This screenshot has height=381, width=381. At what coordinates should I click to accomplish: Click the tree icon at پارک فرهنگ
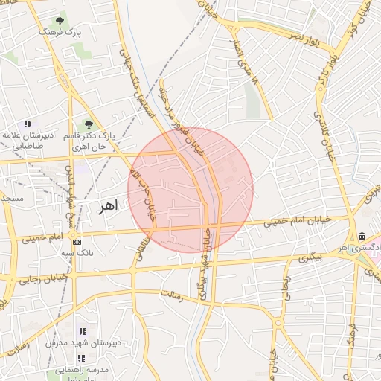pyautogui.click(x=60, y=20)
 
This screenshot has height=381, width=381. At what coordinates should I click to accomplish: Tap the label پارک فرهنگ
pyautogui.click(x=60, y=33)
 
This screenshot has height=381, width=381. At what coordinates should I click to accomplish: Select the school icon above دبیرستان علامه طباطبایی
pyautogui.click(x=28, y=124)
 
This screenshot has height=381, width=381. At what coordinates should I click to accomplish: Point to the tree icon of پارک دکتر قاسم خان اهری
pyautogui.click(x=89, y=124)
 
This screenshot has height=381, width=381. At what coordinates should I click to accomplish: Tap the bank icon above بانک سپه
pyautogui.click(x=77, y=242)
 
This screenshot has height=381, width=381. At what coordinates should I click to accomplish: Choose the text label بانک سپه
pyautogui.click(x=77, y=254)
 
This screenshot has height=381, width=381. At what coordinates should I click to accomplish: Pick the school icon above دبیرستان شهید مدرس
pyautogui.click(x=83, y=331)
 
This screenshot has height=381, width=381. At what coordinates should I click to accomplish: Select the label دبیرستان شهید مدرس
pyautogui.click(x=83, y=343)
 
